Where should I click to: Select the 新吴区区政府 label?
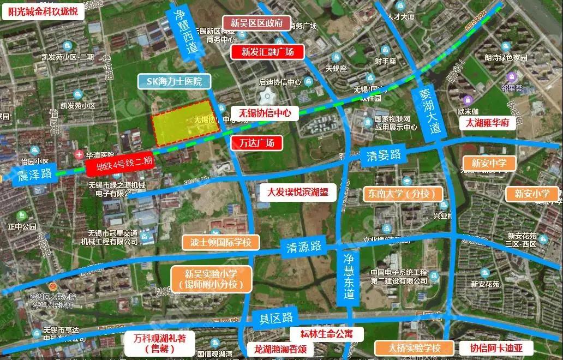pyautogui.click(x=256, y=23)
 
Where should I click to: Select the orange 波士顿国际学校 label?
pyautogui.click(x=221, y=242)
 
